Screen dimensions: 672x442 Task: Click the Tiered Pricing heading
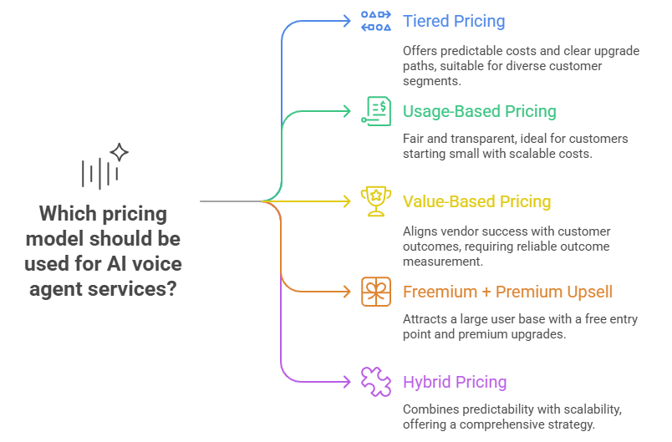(x=454, y=21)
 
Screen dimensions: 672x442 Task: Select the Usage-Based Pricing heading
(x=479, y=111)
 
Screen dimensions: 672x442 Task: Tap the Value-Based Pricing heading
(x=476, y=201)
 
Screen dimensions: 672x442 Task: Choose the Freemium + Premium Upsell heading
(x=507, y=292)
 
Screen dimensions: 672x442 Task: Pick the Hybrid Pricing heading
(x=455, y=382)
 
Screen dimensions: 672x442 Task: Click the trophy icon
(x=376, y=201)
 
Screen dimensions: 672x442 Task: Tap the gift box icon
(x=376, y=292)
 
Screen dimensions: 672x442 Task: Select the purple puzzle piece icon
(x=376, y=382)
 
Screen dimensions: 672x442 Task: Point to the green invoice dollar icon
(x=376, y=111)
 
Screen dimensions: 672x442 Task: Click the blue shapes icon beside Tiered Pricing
(x=376, y=21)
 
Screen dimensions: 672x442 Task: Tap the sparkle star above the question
(x=120, y=152)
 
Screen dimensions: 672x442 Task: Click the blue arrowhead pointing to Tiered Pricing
(x=348, y=21)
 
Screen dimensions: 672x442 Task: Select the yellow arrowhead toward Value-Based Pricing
(x=348, y=201)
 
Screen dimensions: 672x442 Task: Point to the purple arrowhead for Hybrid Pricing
(x=348, y=382)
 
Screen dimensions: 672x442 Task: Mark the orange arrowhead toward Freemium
(x=348, y=292)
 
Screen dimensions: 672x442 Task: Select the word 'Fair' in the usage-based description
(x=414, y=139)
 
